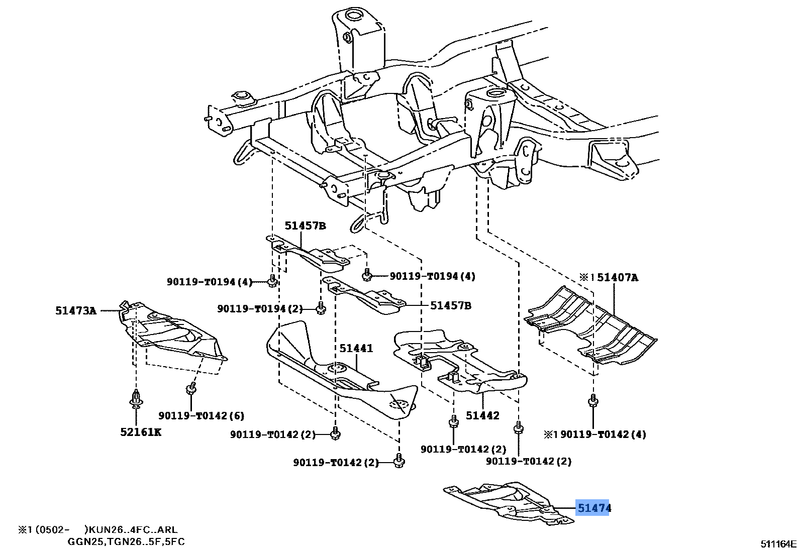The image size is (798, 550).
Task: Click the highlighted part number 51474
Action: pyautogui.click(x=593, y=508)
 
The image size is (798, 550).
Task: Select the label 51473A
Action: pyautogui.click(x=75, y=311)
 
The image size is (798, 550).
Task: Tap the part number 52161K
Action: pyautogui.click(x=141, y=432)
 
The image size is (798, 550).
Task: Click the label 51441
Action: pyautogui.click(x=356, y=348)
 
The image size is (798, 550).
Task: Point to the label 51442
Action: pyautogui.click(x=482, y=415)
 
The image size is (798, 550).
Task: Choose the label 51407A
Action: pyautogui.click(x=617, y=278)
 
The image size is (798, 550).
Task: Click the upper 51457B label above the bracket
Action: pyautogui.click(x=305, y=226)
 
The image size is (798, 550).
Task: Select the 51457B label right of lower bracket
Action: pyautogui.click(x=450, y=305)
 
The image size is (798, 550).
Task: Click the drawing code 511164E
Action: pyautogui.click(x=778, y=543)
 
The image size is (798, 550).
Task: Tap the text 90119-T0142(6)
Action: pyautogui.click(x=201, y=415)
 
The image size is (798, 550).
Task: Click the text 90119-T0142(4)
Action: pyautogui.click(x=603, y=434)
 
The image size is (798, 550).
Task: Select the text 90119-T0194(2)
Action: pyautogui.click(x=260, y=308)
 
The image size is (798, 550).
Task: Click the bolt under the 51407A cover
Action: pyautogui.click(x=593, y=400)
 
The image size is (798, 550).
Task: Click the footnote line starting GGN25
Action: pyautogui.click(x=126, y=541)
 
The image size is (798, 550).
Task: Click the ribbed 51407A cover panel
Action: pyautogui.click(x=590, y=326)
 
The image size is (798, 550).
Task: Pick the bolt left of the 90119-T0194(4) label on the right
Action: pyautogui.click(x=367, y=275)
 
